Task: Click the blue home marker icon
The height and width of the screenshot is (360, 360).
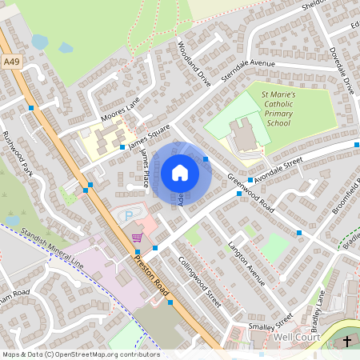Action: tap(180, 172)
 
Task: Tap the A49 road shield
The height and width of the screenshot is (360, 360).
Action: tap(11, 61)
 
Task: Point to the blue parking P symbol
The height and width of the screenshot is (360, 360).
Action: tap(126, 216)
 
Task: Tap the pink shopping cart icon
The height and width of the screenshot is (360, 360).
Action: tap(137, 237)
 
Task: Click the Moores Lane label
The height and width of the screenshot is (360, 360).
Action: tap(122, 104)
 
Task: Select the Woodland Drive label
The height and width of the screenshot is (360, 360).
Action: tap(194, 65)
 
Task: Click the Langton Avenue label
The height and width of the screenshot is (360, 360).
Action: tap(246, 262)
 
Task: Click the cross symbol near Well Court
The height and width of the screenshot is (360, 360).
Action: tap(347, 342)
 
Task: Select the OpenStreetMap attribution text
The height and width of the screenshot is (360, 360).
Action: tap(81, 354)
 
